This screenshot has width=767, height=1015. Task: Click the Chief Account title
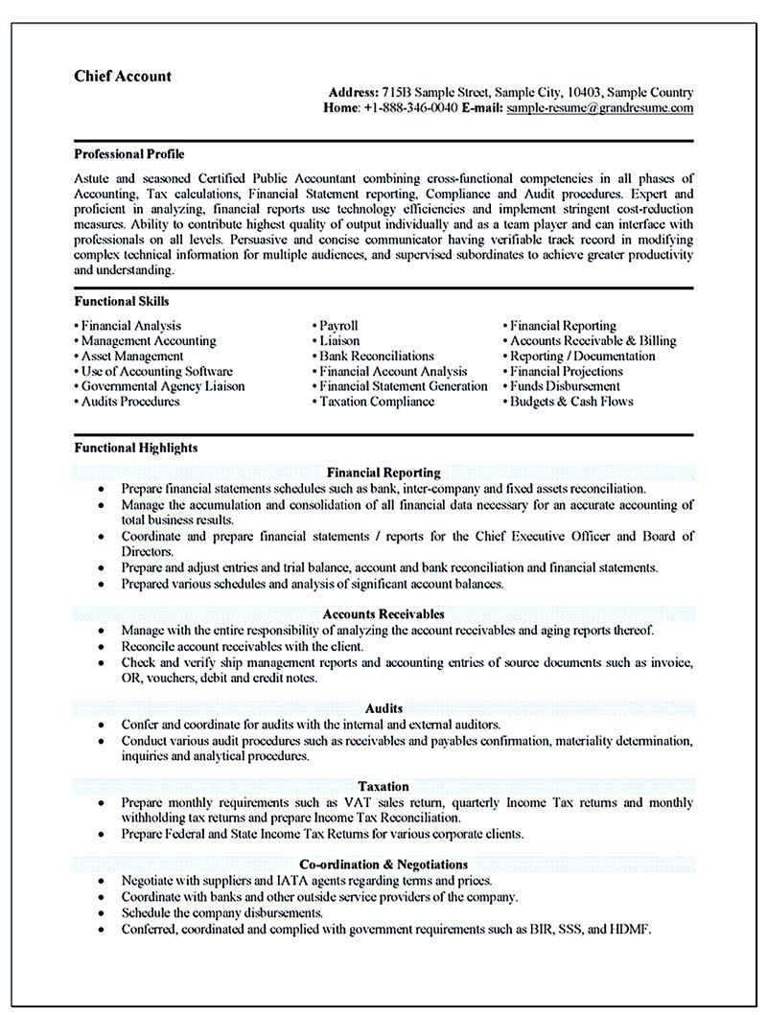coord(123,76)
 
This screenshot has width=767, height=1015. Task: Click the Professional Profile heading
coord(128,153)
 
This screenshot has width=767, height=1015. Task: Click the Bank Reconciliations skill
coord(376,356)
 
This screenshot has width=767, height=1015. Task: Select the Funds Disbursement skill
coord(565,386)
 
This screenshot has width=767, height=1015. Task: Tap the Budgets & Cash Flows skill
coord(570,402)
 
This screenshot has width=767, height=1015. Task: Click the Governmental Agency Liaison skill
coord(162,386)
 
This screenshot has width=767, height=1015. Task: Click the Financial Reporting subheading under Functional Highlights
coord(383,473)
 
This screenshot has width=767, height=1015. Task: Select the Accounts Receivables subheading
coord(383,613)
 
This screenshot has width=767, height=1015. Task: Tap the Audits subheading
coord(383,707)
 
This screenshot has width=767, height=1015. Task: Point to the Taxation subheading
coord(383,786)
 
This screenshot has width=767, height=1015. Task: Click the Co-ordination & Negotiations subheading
coord(383,865)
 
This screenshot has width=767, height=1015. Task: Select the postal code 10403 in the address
coord(584,93)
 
